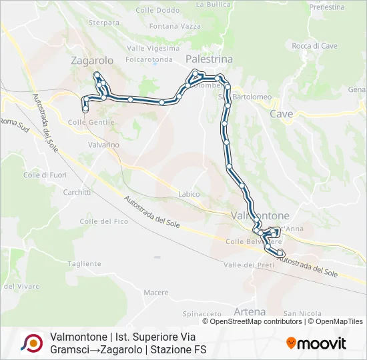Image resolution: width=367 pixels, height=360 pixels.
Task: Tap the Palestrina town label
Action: pyautogui.click(x=209, y=59)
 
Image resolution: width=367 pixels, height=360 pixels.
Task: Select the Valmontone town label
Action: pyautogui.click(x=260, y=216)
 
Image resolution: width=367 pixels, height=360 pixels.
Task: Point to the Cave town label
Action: pyautogui.click(x=281, y=114)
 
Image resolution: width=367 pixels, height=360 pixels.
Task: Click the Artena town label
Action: pyautogui.click(x=250, y=311)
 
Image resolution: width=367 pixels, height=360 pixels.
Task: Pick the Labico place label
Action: pyautogui.click(x=189, y=194)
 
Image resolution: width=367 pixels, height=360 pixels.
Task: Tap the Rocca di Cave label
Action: pyautogui.click(x=314, y=46)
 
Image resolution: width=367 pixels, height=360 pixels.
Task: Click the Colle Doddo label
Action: pyautogui.click(x=157, y=10)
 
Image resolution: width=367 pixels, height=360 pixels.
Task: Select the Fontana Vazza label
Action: pyautogui.click(x=175, y=26)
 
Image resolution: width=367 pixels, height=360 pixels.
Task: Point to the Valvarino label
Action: pyautogui.click(x=103, y=145)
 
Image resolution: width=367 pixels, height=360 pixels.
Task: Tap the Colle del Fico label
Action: pyautogui.click(x=103, y=221)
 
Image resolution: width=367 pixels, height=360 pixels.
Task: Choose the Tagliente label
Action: pyautogui.click(x=84, y=264)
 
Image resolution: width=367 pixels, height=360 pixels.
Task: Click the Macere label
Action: pyautogui.click(x=155, y=292)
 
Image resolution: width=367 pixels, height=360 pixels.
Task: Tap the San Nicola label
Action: pyautogui.click(x=298, y=313)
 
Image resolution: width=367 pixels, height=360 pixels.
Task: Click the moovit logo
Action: pyautogui.click(x=316, y=343)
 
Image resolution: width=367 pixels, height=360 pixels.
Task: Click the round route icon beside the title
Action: pyautogui.click(x=31, y=343)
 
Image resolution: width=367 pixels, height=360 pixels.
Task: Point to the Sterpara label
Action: pyautogui.click(x=103, y=22)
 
